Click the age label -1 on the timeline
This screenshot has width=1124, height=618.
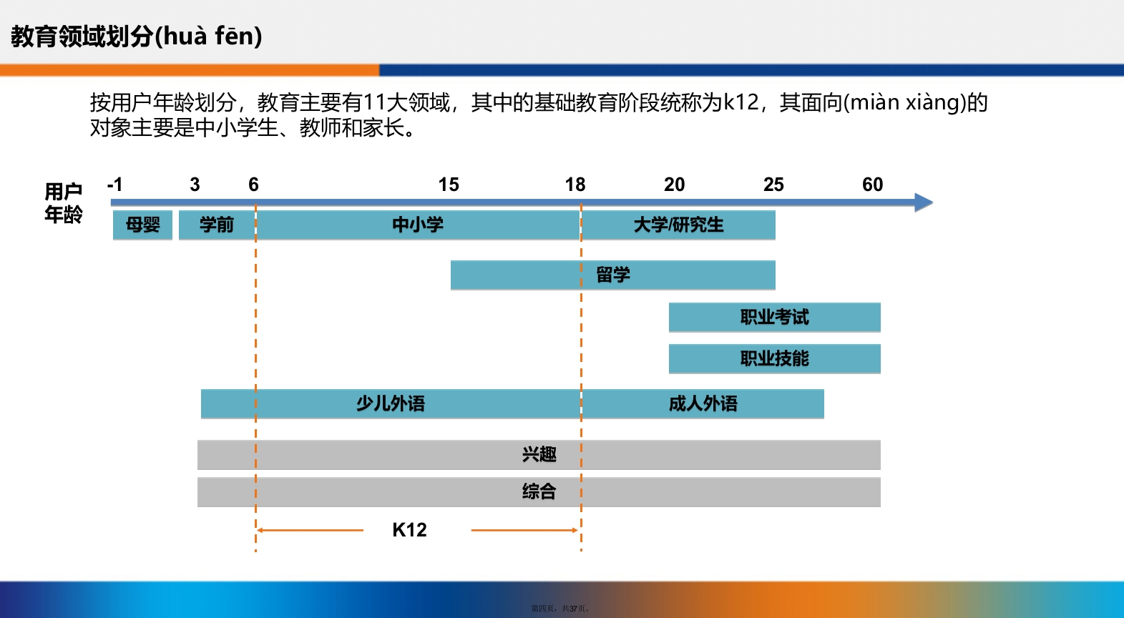click(x=115, y=185)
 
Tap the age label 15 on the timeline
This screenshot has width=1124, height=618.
click(x=449, y=185)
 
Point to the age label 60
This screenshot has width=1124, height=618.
click(x=873, y=185)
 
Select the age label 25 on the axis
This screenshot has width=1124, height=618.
click(x=773, y=185)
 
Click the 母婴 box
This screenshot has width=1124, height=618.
click(x=142, y=225)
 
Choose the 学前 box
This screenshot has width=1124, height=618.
click(x=217, y=225)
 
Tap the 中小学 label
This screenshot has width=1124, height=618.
click(x=418, y=225)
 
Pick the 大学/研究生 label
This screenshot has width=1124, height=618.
click(x=678, y=225)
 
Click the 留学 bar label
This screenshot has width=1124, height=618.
click(x=612, y=275)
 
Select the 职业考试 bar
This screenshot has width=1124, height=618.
click(x=775, y=317)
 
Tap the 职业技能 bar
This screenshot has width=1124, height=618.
click(x=775, y=358)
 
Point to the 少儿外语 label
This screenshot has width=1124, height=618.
click(x=391, y=404)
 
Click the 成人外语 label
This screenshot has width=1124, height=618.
click(x=703, y=404)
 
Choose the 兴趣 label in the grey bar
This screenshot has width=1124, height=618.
click(x=539, y=454)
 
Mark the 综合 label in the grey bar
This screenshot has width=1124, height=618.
click(x=539, y=491)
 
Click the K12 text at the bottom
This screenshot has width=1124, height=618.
click(x=409, y=530)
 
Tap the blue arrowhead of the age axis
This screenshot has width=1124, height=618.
click(x=923, y=202)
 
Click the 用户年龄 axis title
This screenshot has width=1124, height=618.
click(x=63, y=203)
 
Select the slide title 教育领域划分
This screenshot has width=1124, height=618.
click(x=82, y=36)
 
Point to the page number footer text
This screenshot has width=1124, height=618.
click(x=560, y=609)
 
